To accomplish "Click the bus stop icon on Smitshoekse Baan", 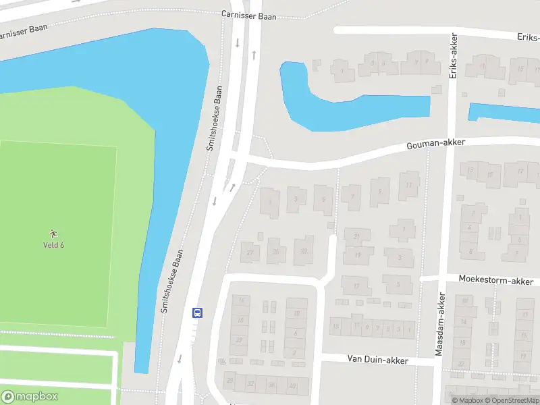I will pos(198,312).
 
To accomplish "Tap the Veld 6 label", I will pos(54,244).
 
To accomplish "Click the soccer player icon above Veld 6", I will pos(54,233).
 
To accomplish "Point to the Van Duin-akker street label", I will pos(378,360).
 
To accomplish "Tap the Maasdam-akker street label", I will pos(440,324).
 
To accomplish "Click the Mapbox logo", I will pos(30,396).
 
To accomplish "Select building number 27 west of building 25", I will pos(250,252).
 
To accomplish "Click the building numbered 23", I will pos(304,251).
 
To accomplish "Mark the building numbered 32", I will pos(251,384).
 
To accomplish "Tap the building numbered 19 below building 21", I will pos(357,256).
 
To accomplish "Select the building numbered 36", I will pos(272,385).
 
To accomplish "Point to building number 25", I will pos(275,251).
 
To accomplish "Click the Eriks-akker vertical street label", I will pos(454,57).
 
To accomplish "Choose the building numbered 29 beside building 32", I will pos(230,381).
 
